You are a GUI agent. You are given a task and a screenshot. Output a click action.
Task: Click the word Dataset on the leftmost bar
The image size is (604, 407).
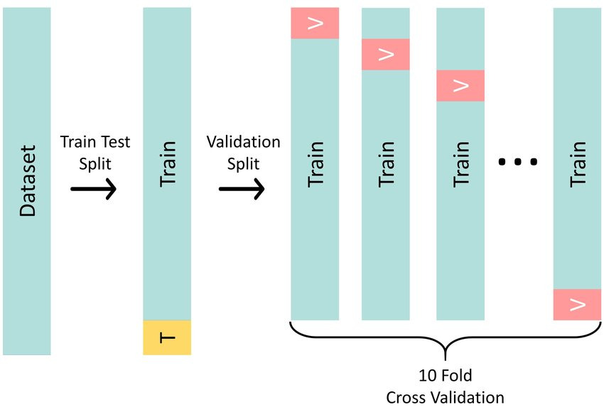click(x=27, y=181)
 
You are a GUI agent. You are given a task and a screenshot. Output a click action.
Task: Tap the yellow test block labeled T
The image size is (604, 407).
click(x=167, y=337)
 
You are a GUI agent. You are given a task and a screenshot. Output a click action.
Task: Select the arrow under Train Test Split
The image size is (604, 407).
click(x=93, y=190)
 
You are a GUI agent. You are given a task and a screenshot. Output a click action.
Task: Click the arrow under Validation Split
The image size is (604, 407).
click(x=242, y=190)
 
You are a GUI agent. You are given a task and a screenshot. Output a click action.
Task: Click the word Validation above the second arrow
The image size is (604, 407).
click(x=243, y=142)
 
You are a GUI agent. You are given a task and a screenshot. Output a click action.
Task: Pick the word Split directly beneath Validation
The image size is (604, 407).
click(x=243, y=163)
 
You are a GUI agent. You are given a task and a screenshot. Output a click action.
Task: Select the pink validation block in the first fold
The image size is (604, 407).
click(x=315, y=23)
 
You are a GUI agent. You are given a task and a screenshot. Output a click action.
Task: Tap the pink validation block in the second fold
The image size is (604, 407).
click(x=386, y=55)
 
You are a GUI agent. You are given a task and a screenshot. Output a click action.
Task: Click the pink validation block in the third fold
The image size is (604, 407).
click(x=460, y=85)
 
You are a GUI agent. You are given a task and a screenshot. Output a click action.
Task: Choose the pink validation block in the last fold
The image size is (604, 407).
click(x=577, y=304)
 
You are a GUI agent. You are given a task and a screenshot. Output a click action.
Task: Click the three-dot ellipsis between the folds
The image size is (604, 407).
click(x=518, y=163)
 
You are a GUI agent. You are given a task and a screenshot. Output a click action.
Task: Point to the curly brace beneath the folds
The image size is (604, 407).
click(x=446, y=340)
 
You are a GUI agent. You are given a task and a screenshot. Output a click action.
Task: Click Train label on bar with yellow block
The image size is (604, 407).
click(x=167, y=163)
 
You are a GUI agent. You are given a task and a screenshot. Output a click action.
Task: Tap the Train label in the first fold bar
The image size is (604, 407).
click(x=315, y=163)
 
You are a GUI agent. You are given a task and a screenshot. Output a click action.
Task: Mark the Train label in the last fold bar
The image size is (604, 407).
click(x=577, y=163)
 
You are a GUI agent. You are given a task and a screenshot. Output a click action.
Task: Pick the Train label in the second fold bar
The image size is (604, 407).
click(x=386, y=163)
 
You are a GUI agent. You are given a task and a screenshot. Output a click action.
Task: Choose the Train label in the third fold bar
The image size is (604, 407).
click(x=460, y=163)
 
